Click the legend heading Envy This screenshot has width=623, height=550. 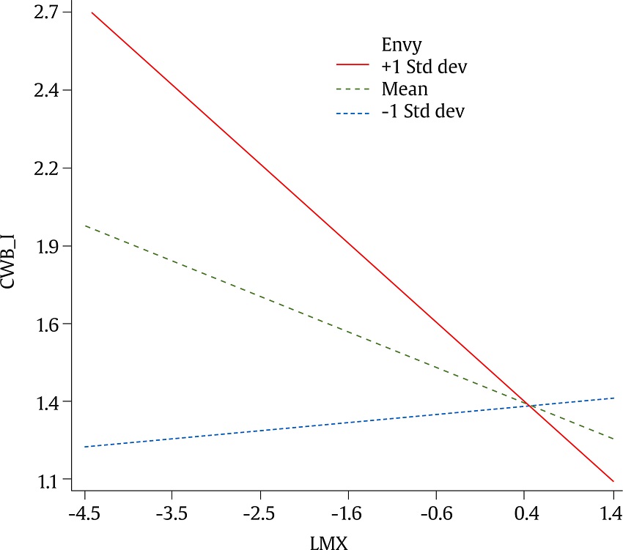click(x=397, y=43)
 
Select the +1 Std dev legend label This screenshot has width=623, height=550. click(x=424, y=67)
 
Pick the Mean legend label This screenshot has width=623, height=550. click(x=404, y=89)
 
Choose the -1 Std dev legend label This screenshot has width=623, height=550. click(x=423, y=112)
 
